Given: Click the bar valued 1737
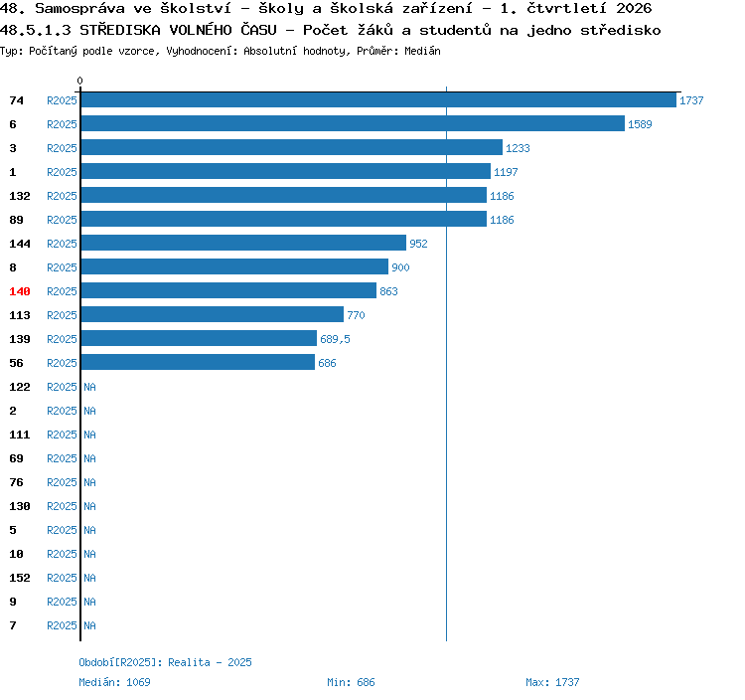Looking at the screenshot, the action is [378, 99].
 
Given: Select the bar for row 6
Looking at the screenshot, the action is [353, 123].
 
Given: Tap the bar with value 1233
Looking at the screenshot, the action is [292, 147].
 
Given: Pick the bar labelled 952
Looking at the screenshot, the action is [243, 243].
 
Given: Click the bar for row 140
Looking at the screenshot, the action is [228, 290].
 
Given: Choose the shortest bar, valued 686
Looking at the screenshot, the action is [198, 362].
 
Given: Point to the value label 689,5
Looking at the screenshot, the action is [335, 339].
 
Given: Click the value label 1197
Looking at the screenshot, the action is [506, 172].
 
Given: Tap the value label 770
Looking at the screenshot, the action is [356, 315].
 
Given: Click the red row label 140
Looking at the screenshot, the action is [20, 291].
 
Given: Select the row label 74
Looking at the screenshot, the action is [16, 100].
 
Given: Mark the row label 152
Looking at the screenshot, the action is [20, 578].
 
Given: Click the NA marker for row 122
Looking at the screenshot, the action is [89, 387].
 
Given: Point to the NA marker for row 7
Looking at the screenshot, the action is [89, 625].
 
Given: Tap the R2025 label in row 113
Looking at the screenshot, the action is [62, 315].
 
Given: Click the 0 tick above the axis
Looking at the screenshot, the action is [79, 81].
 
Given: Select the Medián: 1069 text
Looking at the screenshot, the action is [114, 682].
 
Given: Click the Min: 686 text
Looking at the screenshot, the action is [351, 682].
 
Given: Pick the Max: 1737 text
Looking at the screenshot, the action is [552, 682].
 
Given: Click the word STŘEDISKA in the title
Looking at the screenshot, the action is [120, 30].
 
